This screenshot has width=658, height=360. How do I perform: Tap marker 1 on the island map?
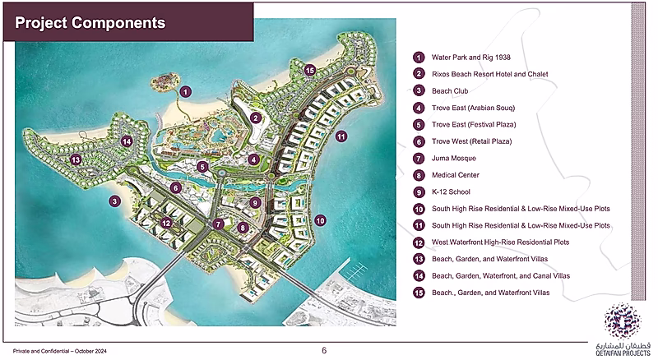(x=186, y=91)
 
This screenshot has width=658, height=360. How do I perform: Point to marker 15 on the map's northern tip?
(x=309, y=72)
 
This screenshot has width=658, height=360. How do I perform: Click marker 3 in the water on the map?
(x=115, y=201)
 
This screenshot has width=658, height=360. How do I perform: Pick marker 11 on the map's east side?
(x=341, y=136)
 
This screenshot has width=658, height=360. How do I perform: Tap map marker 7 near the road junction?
(x=218, y=224)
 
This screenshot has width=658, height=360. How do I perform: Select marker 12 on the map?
(x=165, y=222)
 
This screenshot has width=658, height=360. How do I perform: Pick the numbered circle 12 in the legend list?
(x=419, y=242)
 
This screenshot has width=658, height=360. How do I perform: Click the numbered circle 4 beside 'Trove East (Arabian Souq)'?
(x=419, y=108)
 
